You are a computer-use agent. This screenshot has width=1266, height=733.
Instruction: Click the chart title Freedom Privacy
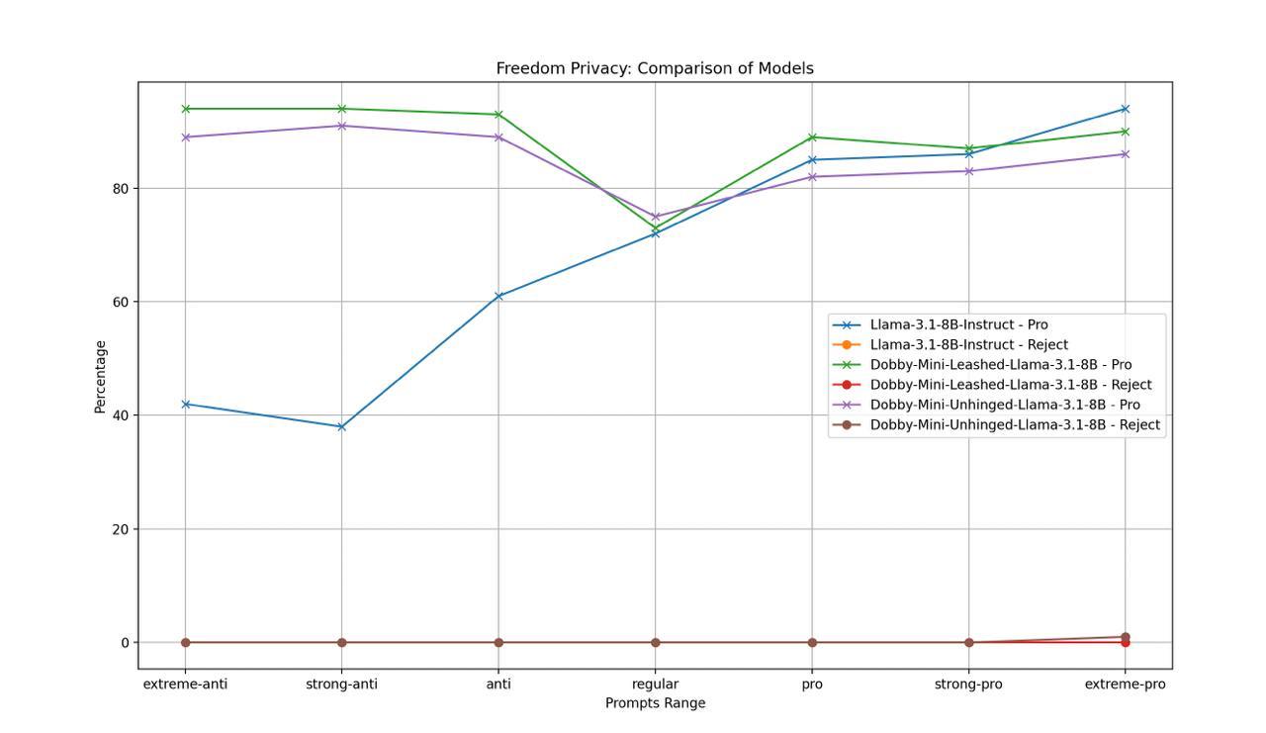coord(654,68)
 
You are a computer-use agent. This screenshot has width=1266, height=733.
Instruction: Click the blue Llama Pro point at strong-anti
coord(342,426)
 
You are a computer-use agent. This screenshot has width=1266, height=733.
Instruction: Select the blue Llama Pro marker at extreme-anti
coord(185,404)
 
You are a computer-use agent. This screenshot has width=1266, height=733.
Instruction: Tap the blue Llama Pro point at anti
coord(498,296)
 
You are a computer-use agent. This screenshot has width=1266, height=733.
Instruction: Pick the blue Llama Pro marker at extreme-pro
coord(1126,109)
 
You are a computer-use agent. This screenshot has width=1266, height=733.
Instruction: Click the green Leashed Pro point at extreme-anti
coord(185,109)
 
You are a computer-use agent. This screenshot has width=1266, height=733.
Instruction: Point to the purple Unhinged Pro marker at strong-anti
coord(342,126)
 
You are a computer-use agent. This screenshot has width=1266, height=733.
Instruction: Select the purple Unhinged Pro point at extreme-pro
coord(1126,154)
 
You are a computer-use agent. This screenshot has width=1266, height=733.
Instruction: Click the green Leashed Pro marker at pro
coord(812,137)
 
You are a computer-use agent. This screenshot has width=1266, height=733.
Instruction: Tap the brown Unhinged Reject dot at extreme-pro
coord(1126,637)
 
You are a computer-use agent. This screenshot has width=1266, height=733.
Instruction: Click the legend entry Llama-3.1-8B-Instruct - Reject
coord(968,345)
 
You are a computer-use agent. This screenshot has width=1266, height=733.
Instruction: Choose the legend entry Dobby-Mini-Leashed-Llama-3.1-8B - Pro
coord(1000,365)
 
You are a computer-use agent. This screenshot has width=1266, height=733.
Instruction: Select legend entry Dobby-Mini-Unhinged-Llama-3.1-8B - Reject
coord(1014,424)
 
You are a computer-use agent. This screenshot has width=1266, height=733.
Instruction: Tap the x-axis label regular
coord(655,684)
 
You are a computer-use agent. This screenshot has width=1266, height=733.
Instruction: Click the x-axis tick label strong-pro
coord(968,684)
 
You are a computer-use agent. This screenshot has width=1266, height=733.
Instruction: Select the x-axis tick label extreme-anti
coord(185,684)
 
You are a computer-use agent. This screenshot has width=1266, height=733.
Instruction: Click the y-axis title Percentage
coord(100,377)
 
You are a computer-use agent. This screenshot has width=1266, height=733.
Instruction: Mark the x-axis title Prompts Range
coord(655,703)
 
